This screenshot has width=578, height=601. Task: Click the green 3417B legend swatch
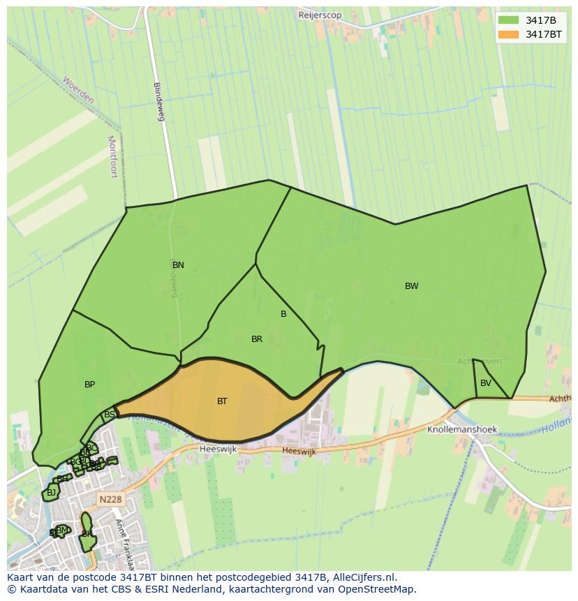pyautogui.click(x=508, y=20)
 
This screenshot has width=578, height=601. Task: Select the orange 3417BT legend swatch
pyautogui.click(x=508, y=34)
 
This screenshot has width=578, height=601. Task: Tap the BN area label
pyautogui.click(x=178, y=265)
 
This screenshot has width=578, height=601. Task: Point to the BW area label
pyautogui.click(x=412, y=286)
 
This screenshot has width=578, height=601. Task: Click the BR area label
pyautogui.click(x=257, y=339)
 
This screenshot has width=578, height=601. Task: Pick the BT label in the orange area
pyautogui.click(x=222, y=401)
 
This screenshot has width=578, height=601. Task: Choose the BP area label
pyautogui.click(x=89, y=385)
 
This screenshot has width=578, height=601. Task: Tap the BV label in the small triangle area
pyautogui.click(x=486, y=383)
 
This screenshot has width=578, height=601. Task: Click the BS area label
pyautogui.click(x=110, y=415)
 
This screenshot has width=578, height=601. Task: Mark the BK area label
pyautogui.click(x=87, y=534)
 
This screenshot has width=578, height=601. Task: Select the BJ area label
pyautogui.click(x=51, y=493)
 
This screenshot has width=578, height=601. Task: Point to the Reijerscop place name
pyautogui.click(x=320, y=15)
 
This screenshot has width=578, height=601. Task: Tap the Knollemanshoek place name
pyautogui.click(x=462, y=430)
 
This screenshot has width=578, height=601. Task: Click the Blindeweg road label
pyautogui.click(x=158, y=102)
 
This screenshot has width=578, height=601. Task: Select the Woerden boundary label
pyautogui.click(x=77, y=90)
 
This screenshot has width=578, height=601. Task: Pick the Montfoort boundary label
pyautogui.click(x=112, y=156)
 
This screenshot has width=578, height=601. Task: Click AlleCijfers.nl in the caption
pyautogui.click(x=363, y=577)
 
